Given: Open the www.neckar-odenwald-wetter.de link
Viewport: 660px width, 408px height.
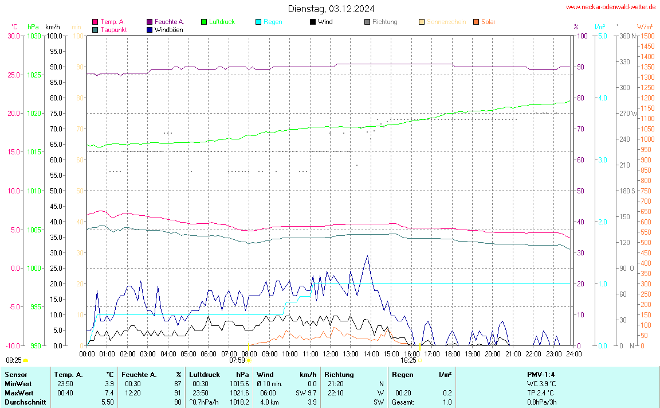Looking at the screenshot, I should [x=611, y=7].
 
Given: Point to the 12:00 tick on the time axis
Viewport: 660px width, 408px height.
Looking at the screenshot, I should [x=331, y=354].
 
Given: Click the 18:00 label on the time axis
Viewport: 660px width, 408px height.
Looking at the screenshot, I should [x=452, y=354].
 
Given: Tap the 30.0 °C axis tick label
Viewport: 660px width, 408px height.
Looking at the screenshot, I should [x=14, y=36].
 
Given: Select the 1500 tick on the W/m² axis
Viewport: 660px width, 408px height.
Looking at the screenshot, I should [x=647, y=36].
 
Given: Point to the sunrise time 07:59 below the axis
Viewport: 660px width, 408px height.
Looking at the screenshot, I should [x=237, y=360].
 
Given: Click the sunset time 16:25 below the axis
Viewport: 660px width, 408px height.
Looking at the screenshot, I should [x=408, y=360].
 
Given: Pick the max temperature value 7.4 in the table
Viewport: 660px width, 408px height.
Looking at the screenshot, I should [x=109, y=393].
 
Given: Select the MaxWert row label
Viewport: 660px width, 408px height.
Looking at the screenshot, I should [x=17, y=393].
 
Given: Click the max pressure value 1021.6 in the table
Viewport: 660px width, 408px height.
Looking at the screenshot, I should [x=238, y=393].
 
